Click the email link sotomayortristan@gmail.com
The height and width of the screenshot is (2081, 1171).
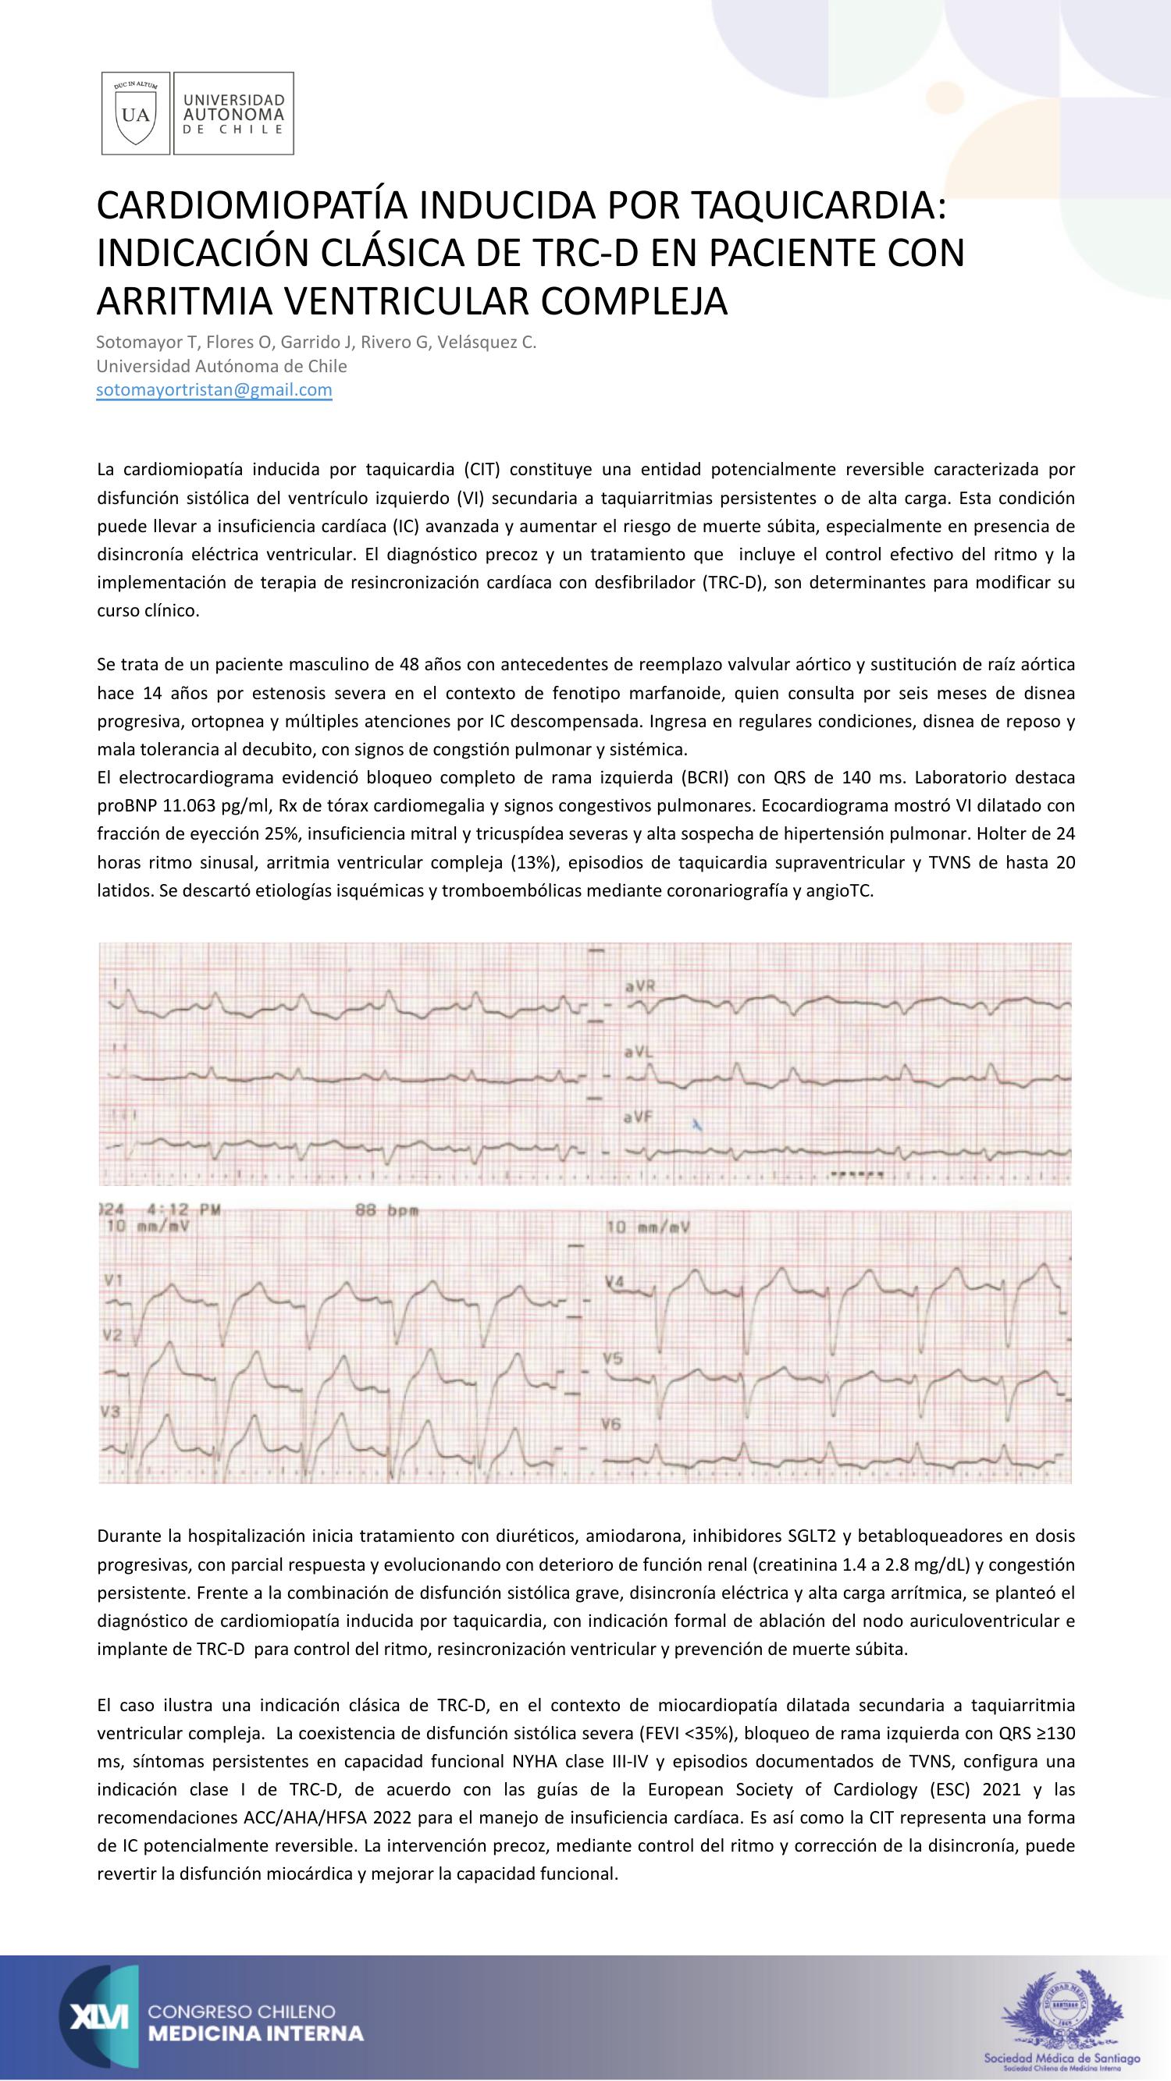pyautogui.click(x=214, y=390)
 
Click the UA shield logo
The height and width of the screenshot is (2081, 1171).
pyautogui.click(x=135, y=113)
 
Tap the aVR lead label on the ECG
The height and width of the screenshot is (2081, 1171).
pyautogui.click(x=640, y=986)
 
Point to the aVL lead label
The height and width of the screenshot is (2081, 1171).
pyautogui.click(x=639, y=1053)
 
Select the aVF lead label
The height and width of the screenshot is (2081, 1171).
pyautogui.click(x=639, y=1117)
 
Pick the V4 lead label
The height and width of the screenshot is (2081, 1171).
pyautogui.click(x=615, y=1282)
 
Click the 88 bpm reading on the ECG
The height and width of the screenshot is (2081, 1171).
pyautogui.click(x=386, y=1211)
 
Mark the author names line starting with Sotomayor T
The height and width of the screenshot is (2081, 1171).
pyautogui.click(x=316, y=343)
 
